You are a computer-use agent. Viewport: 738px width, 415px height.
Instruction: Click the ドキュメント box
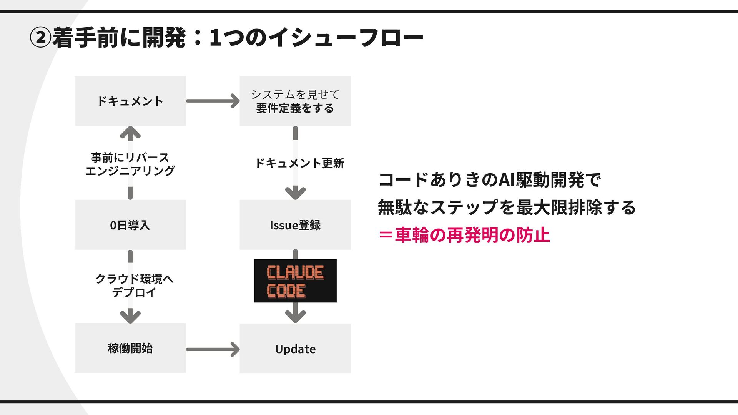pyautogui.click(x=130, y=101)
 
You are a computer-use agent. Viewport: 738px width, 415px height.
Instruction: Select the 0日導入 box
pyautogui.click(x=130, y=224)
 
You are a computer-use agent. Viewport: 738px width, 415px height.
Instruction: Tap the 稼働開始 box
pyautogui.click(x=130, y=348)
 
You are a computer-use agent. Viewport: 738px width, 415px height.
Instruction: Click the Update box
pyautogui.click(x=295, y=349)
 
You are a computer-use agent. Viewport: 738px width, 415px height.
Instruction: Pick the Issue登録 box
pyautogui.click(x=295, y=224)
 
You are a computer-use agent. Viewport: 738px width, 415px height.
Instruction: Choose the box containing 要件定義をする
pyautogui.click(x=295, y=101)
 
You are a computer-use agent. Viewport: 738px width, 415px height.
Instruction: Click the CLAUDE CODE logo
pyautogui.click(x=295, y=281)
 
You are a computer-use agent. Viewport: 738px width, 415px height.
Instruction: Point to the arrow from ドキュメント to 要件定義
pyautogui.click(x=213, y=101)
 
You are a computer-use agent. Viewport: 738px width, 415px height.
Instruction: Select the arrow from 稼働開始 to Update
pyautogui.click(x=213, y=349)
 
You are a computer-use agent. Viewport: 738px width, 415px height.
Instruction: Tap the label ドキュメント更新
pyautogui.click(x=299, y=163)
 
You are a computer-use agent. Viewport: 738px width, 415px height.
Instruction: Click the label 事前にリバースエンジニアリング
pyautogui.click(x=130, y=164)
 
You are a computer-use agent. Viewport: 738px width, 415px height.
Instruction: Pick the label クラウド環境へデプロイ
pyautogui.click(x=134, y=286)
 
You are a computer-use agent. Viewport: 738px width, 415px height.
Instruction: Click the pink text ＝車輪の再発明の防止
pyautogui.click(x=464, y=235)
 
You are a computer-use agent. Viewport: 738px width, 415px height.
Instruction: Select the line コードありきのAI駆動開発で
pyautogui.click(x=489, y=180)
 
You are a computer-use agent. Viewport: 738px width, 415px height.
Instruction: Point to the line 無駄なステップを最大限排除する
pyautogui.click(x=507, y=207)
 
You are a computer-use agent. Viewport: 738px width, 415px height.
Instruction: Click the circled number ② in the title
pyautogui.click(x=40, y=38)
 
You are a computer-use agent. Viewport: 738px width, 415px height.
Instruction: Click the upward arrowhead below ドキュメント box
pyautogui.click(x=130, y=133)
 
